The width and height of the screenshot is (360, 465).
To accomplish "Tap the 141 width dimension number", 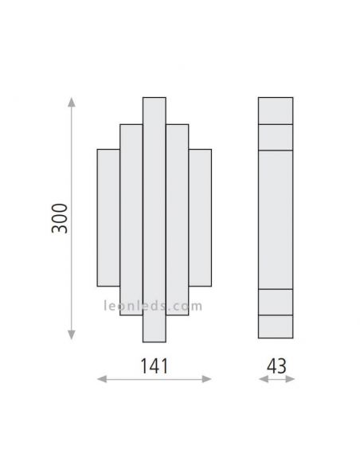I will [155, 366].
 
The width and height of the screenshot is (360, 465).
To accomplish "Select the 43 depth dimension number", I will [276, 366].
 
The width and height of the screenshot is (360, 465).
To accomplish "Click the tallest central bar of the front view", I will [155, 219].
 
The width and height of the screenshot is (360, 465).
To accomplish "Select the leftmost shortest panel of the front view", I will [108, 217].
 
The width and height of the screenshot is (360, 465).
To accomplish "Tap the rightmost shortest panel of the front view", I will [201, 217].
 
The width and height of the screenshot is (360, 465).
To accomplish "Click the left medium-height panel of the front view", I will [131, 219].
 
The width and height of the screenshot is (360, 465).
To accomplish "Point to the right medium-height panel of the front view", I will [178, 219].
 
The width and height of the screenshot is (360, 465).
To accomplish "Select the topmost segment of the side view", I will [276, 110].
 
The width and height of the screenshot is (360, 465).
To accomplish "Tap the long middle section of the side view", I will [276, 219].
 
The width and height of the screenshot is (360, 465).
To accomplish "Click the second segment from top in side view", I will [276, 137].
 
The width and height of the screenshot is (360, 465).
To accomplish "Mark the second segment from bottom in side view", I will [276, 302].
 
